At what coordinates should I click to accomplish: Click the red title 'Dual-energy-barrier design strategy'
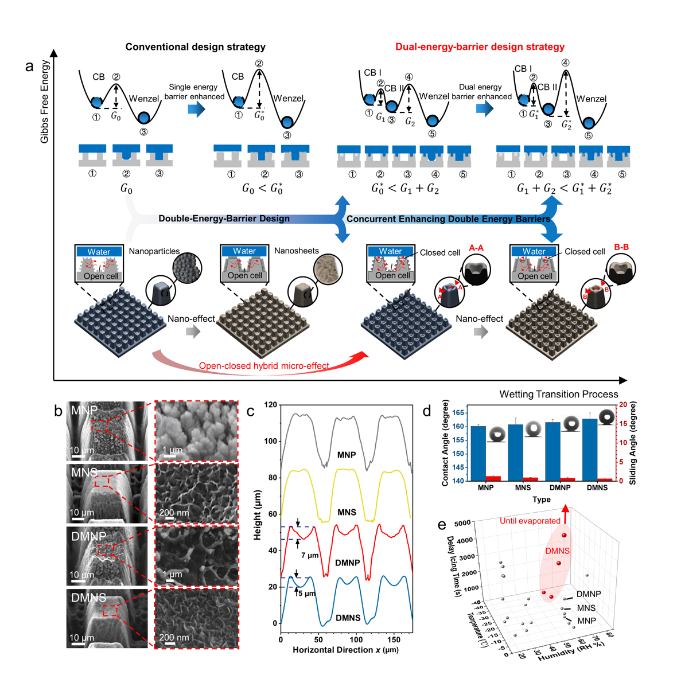480,47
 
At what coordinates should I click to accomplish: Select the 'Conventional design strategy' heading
195,47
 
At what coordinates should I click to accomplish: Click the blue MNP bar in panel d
478,454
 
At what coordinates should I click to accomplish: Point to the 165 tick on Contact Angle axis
458,413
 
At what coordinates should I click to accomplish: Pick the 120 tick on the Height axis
270,405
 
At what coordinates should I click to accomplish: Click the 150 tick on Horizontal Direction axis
394,639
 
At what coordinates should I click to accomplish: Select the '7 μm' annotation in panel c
309,555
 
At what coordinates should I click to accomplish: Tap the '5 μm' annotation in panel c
307,593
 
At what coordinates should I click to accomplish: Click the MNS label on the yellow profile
347,512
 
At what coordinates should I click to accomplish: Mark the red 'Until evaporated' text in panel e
530,521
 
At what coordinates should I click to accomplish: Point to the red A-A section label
476,248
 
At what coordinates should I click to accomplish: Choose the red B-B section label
621,247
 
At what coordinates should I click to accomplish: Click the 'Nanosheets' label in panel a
296,251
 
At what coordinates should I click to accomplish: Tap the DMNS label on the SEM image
88,598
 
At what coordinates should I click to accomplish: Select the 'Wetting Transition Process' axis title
558,394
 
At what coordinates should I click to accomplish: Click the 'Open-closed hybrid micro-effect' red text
264,366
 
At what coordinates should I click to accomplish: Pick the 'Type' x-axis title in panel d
541,500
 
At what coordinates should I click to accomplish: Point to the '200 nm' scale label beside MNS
174,512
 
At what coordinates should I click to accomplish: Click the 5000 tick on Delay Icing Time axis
462,523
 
